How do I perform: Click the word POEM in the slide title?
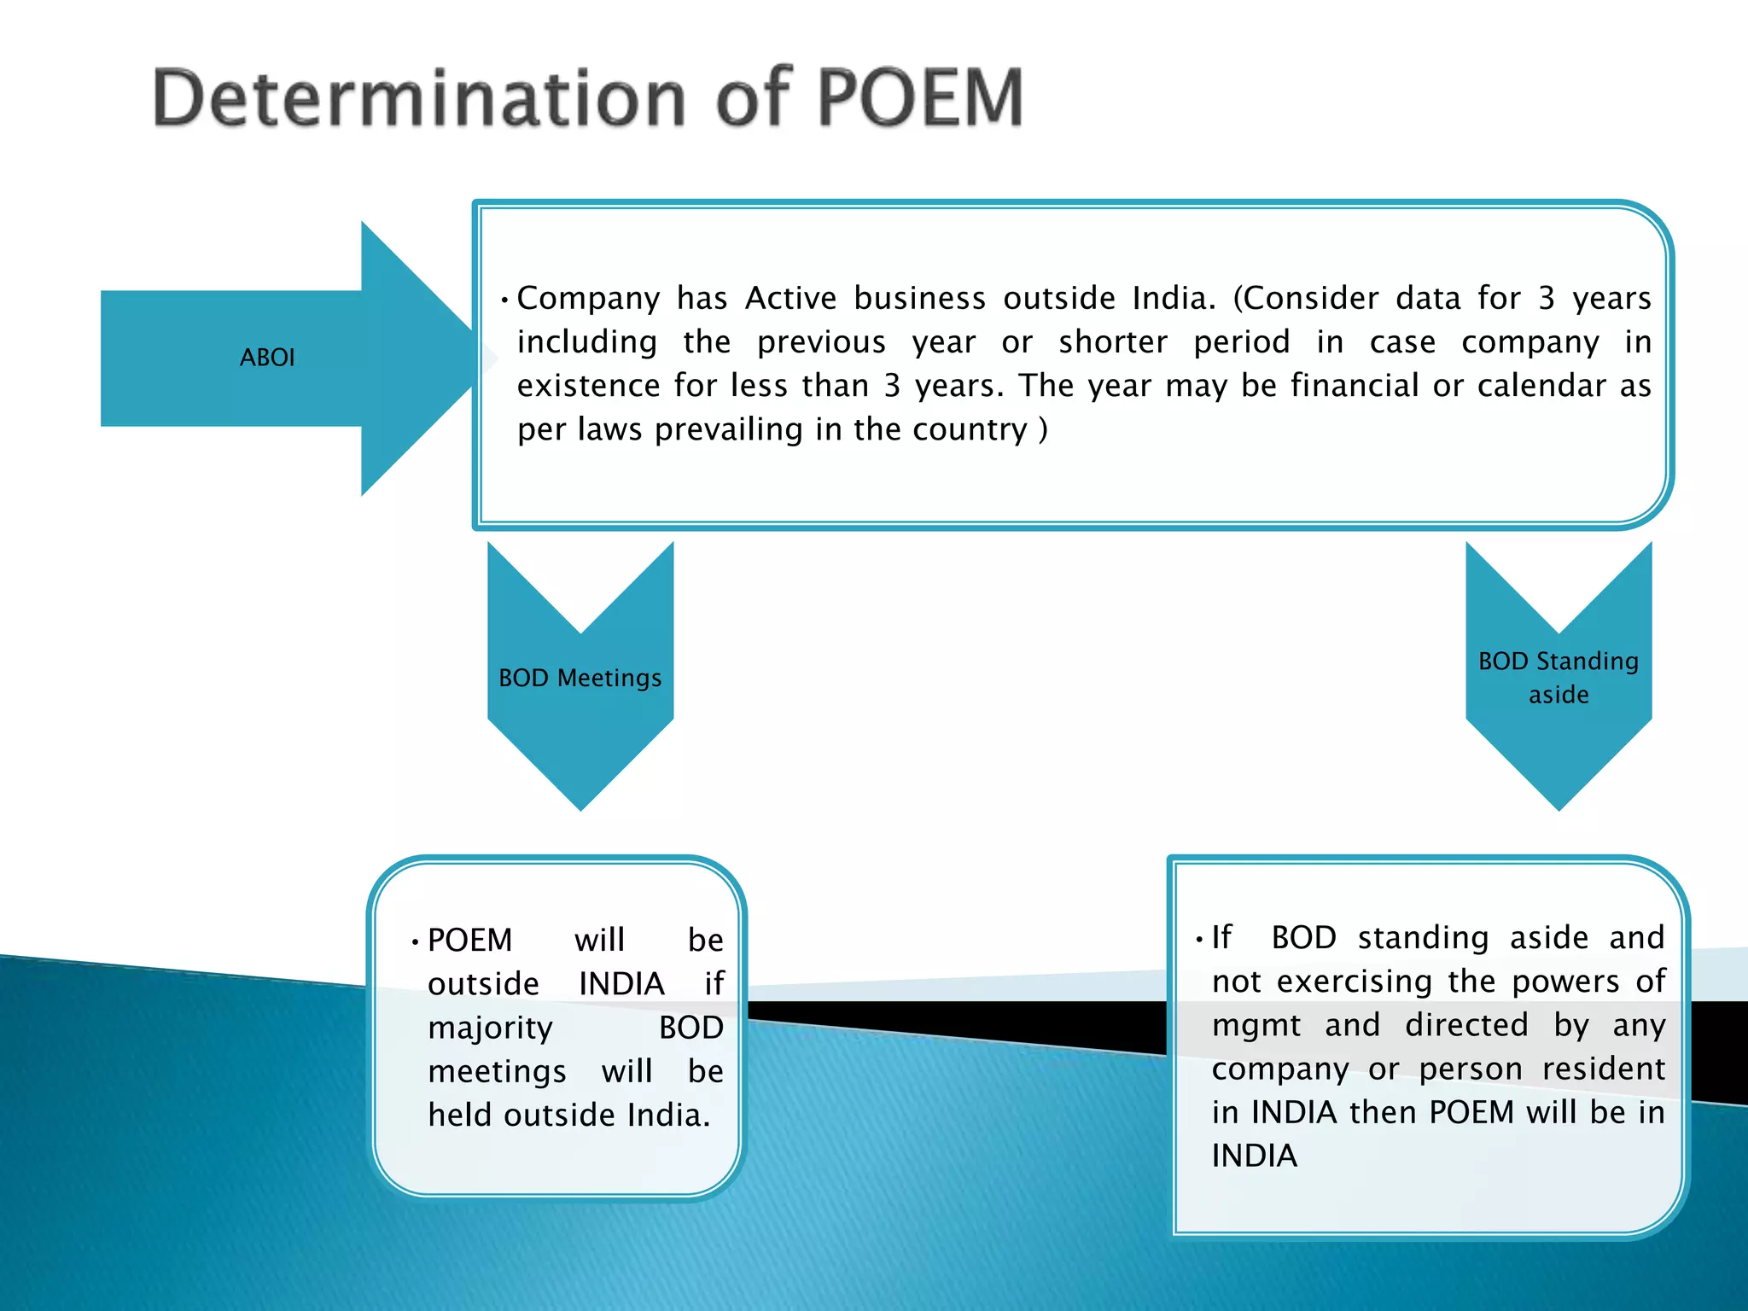point(920,98)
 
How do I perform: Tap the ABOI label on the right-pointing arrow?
point(267,358)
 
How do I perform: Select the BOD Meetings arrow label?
point(580,678)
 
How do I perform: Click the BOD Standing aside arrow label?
point(1559,678)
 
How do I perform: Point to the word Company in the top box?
point(588,298)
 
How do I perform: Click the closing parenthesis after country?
point(1042,429)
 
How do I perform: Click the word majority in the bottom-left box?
point(490,1028)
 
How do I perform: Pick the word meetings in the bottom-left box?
point(497,1072)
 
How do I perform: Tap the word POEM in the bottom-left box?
point(469,941)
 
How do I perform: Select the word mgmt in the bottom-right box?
point(1256,1025)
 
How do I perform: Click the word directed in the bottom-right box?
point(1466,1025)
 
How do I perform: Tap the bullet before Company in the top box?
point(505,300)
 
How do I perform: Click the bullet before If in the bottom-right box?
point(1199,940)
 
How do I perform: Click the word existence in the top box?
point(588,386)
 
